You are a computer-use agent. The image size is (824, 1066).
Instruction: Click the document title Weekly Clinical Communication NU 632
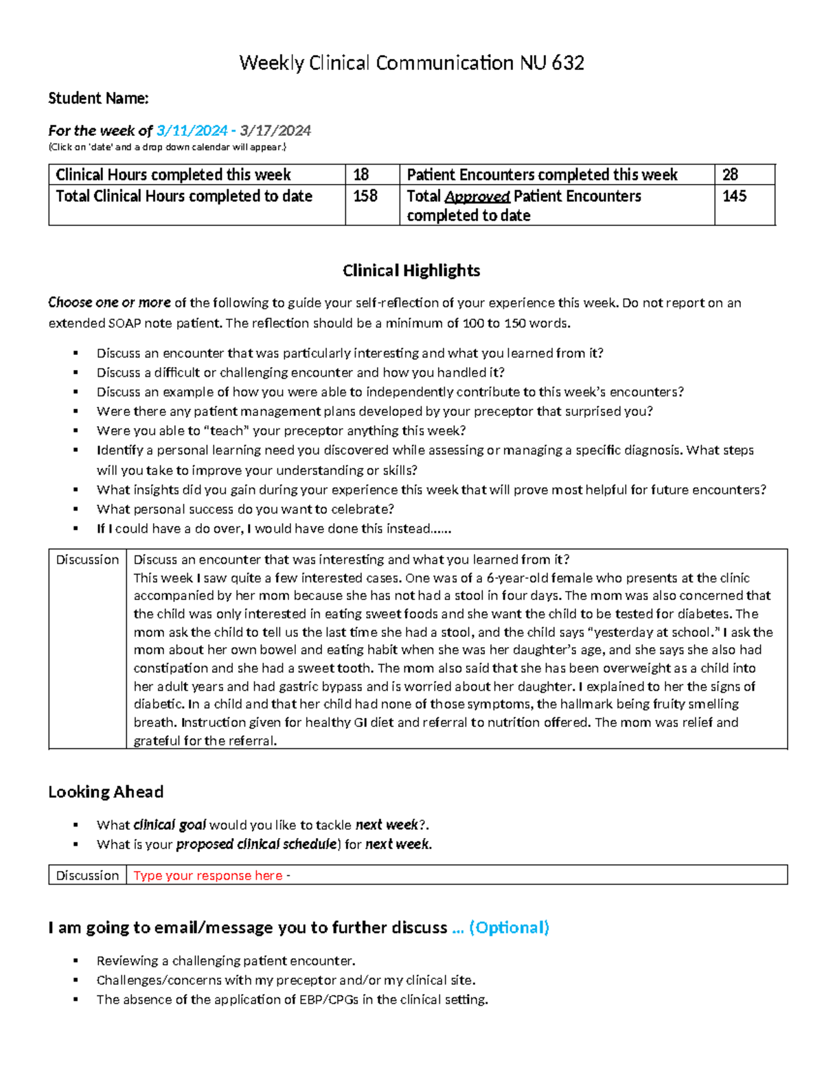tap(411, 63)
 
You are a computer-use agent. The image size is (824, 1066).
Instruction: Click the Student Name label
tap(98, 99)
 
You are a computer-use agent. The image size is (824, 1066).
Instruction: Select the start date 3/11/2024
tap(192, 130)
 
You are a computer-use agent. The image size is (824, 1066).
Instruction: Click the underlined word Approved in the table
tap(477, 197)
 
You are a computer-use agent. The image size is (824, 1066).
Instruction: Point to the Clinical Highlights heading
tap(411, 270)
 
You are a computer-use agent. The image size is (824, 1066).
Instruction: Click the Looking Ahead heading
tap(106, 792)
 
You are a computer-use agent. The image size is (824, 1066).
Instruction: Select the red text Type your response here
tap(208, 875)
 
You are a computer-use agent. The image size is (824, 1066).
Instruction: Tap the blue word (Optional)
tap(509, 928)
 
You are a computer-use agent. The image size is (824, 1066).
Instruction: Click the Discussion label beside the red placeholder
tap(87, 875)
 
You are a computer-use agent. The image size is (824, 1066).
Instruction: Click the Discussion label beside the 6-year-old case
tap(87, 559)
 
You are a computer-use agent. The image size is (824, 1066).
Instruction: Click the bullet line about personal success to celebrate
tap(245, 509)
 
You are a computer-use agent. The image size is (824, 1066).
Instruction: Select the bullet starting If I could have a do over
tap(273, 529)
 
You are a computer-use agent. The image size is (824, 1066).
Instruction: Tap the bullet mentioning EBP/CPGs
tap(292, 999)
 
